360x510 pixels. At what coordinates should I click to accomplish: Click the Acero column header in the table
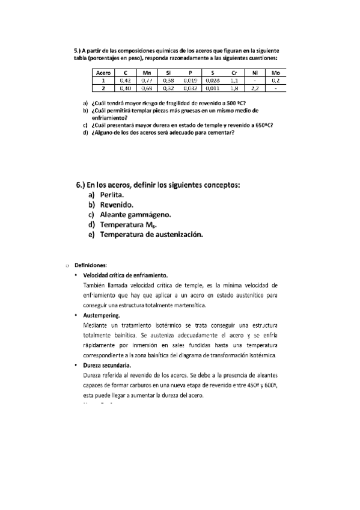102,73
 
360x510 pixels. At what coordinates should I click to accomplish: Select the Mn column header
146,73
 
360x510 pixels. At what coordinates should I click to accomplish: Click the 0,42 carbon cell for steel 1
124,80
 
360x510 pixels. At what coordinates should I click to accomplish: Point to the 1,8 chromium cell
234,88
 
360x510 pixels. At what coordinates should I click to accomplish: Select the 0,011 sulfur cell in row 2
212,88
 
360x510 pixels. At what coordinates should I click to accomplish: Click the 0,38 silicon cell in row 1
168,80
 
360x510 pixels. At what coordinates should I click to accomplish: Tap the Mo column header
275,73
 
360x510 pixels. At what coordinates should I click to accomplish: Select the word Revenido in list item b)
118,204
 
